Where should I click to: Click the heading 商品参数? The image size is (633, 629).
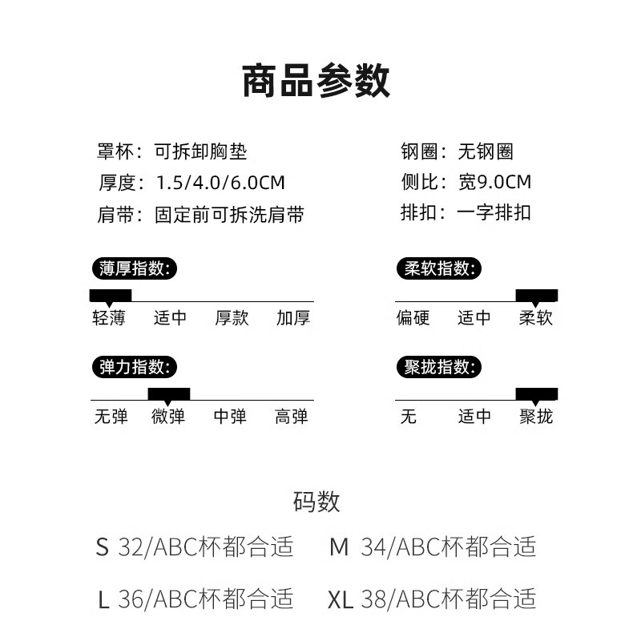316,81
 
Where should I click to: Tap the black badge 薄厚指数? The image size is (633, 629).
133,268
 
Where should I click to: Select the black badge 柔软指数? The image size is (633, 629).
438,268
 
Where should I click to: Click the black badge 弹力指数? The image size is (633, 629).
133,367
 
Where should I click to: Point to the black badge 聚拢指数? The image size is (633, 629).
438,367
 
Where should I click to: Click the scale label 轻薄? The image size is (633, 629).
109,318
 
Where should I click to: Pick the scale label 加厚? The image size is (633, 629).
292,318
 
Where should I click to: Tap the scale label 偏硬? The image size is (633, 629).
413,318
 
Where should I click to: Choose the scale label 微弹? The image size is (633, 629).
168,417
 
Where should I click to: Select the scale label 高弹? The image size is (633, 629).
291,417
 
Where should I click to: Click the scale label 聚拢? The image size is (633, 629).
535,417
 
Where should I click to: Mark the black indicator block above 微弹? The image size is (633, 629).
168,393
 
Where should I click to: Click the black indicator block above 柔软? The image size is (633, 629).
536,295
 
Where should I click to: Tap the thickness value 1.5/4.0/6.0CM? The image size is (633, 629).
220,182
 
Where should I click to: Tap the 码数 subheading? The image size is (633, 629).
316,502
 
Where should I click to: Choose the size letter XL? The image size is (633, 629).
340,599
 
